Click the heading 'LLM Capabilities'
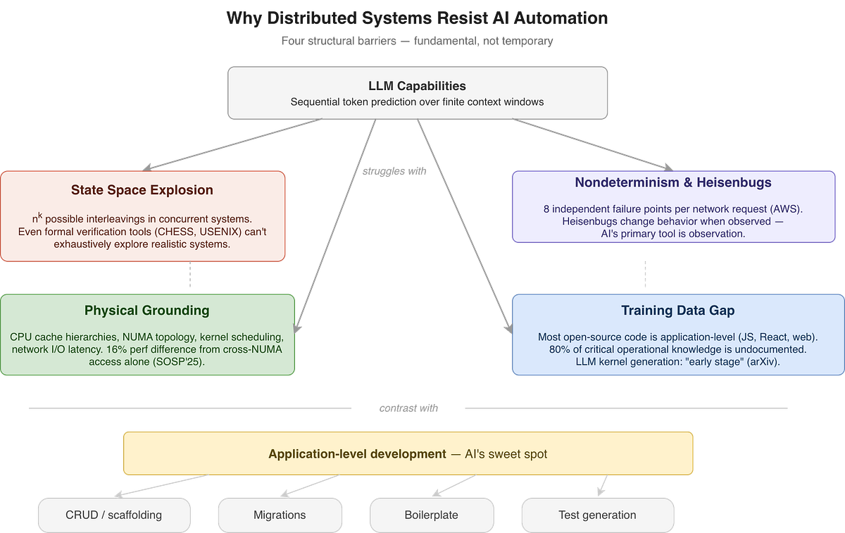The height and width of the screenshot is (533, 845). [417, 86]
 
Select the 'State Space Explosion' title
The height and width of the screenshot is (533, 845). [142, 190]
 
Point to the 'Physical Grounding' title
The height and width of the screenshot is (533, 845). [146, 311]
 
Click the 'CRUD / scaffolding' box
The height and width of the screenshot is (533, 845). [114, 515]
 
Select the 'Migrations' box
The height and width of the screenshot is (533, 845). [280, 515]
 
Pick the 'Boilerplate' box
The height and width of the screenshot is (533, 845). [431, 515]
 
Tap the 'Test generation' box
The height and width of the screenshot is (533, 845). [597, 515]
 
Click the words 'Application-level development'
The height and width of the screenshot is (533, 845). [357, 454]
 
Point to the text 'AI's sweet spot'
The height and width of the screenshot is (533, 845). [506, 454]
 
